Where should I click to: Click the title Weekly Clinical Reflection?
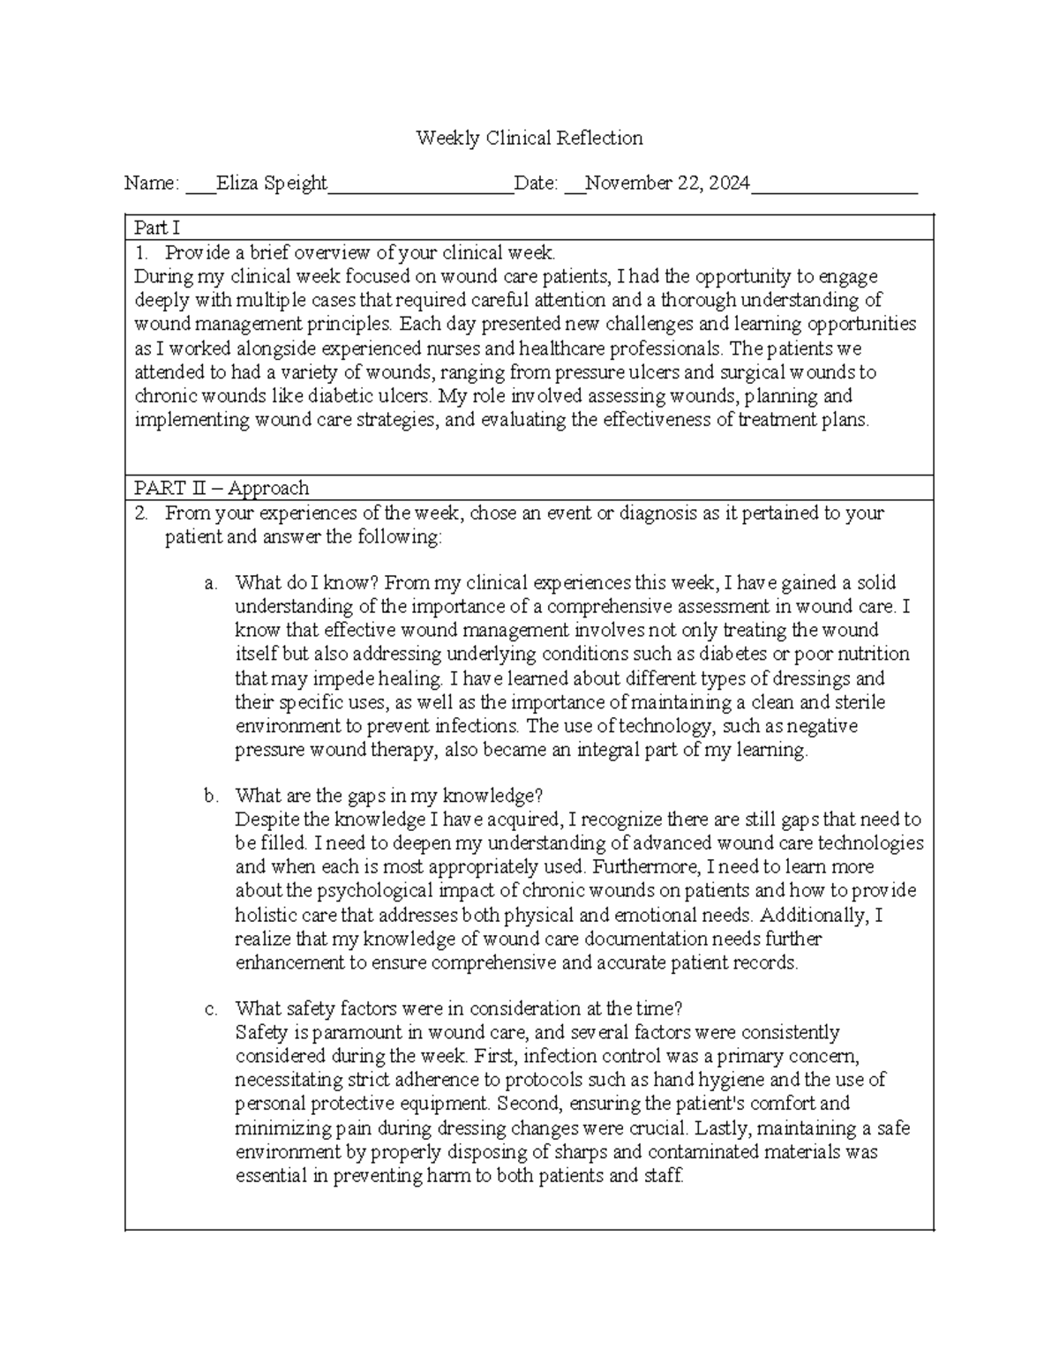(x=529, y=138)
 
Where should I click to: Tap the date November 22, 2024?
(x=668, y=183)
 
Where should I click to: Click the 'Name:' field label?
(x=152, y=183)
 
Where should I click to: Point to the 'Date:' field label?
(x=537, y=183)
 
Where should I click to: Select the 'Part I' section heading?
(x=156, y=228)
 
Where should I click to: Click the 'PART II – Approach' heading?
(x=221, y=488)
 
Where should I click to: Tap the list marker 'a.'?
(x=210, y=583)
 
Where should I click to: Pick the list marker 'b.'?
(x=210, y=796)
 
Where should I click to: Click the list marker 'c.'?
(x=210, y=1008)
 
